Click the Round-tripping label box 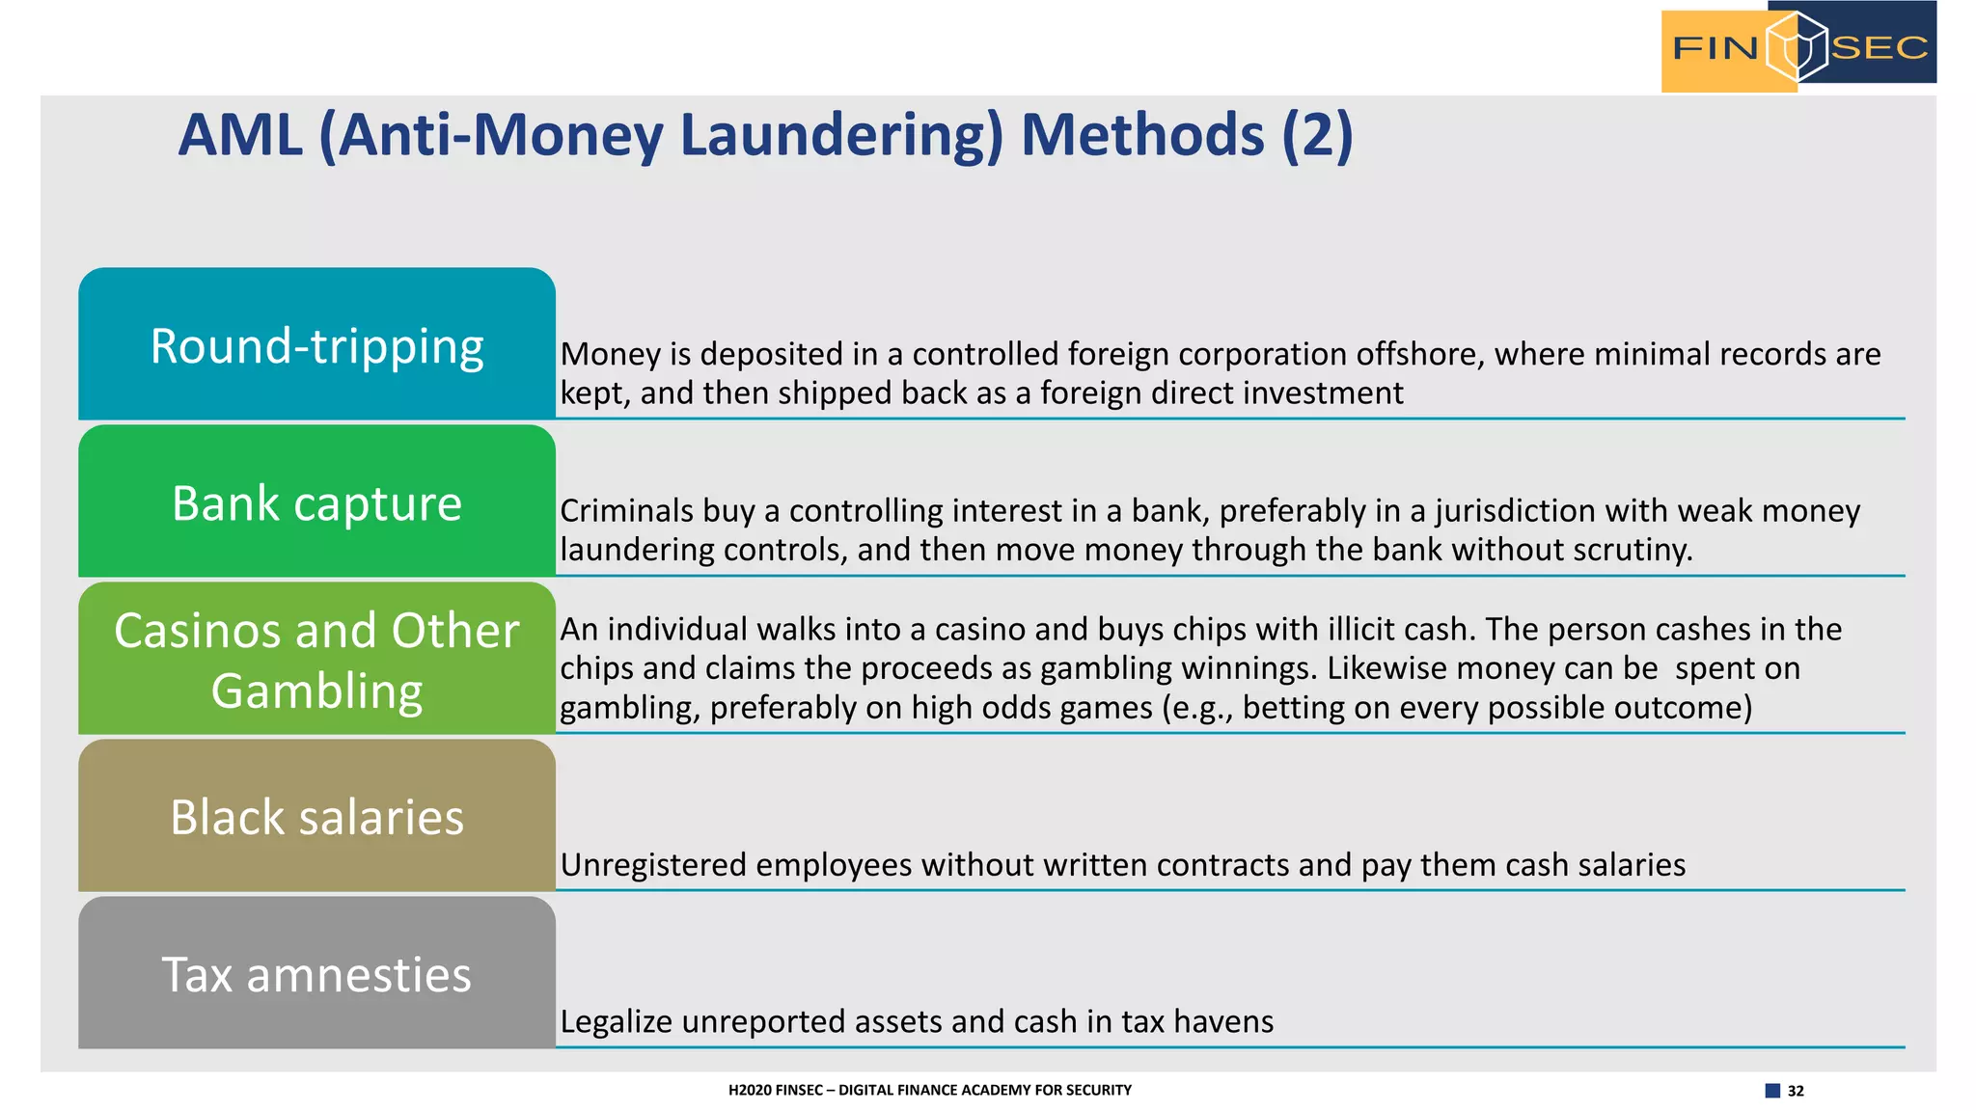316,344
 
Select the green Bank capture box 316,501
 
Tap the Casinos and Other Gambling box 316,659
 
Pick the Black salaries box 316,816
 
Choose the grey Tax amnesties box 316,973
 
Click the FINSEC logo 1798,47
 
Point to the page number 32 1796,1091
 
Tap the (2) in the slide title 1317,135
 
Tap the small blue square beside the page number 1772,1091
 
